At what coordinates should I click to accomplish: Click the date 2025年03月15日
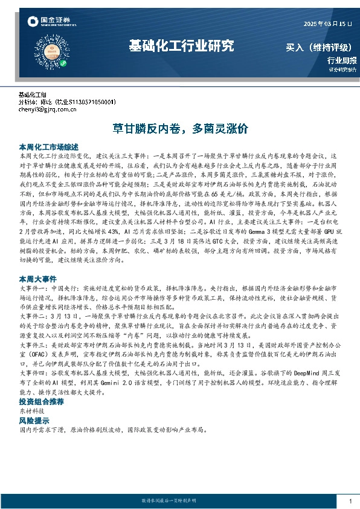click(x=324, y=24)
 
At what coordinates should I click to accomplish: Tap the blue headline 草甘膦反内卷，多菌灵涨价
click(x=180, y=129)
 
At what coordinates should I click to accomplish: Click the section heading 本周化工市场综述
click(x=49, y=147)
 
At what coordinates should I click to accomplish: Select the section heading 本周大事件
click(x=38, y=277)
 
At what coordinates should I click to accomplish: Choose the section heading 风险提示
click(x=34, y=420)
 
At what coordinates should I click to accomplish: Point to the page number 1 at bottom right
click(x=350, y=501)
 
